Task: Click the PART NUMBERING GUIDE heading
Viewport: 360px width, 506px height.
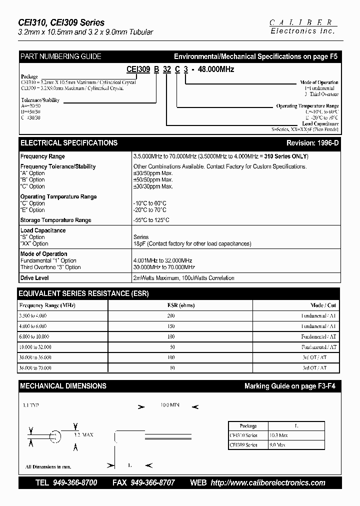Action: coord(60,56)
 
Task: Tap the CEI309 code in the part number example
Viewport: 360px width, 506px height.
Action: coord(138,69)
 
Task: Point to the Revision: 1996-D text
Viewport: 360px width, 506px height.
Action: coord(312,143)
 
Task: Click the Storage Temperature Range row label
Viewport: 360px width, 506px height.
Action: coord(55,220)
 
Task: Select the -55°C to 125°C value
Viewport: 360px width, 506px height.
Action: coord(151,220)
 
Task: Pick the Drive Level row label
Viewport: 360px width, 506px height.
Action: coord(34,277)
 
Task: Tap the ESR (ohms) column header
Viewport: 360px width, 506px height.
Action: coord(180,305)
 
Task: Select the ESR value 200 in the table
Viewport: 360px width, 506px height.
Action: coord(171,316)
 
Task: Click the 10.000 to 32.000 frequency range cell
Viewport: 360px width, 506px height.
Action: coord(35,346)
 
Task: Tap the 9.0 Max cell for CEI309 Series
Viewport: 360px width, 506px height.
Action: coord(277,444)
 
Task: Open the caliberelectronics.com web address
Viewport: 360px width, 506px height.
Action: coord(268,482)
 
